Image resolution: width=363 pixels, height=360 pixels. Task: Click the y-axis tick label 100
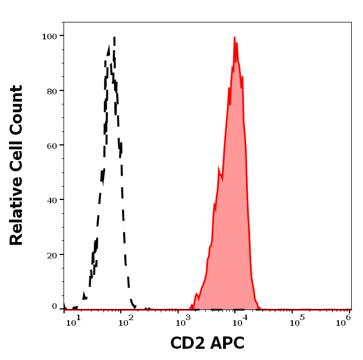[x=49, y=36]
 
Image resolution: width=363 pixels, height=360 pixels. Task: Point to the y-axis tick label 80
[x=52, y=90]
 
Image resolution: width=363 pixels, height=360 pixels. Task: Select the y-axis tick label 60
[x=52, y=145]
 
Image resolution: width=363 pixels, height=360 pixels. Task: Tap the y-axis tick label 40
[x=52, y=200]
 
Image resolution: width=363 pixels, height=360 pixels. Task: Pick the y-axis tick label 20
[x=52, y=254]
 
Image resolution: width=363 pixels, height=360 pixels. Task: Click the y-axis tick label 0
[x=55, y=307]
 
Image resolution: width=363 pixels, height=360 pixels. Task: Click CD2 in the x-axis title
[x=188, y=343]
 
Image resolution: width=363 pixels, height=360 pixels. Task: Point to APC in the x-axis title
[x=228, y=343]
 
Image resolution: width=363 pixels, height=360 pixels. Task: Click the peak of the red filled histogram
[x=234, y=38]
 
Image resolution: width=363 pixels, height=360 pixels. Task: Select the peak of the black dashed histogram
[x=114, y=38]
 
